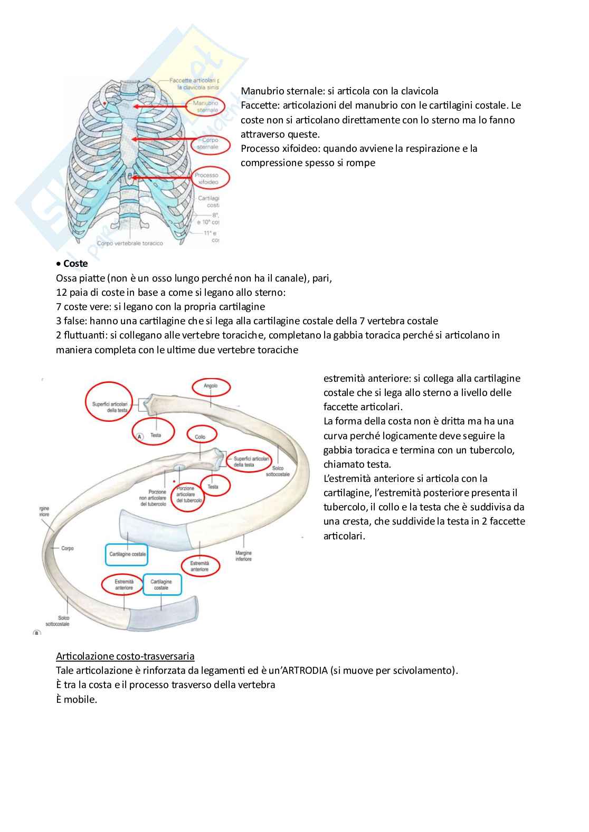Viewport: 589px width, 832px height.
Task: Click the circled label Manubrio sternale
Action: pos(207,107)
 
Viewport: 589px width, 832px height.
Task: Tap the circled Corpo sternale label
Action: pos(210,144)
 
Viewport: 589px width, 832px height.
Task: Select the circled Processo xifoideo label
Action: pos(206,178)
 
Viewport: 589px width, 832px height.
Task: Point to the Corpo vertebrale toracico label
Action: pos(130,244)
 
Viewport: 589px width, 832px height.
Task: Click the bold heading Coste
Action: pos(75,264)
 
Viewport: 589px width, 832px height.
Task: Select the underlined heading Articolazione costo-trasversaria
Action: pos(125,656)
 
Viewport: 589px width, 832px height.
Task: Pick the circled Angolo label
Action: pos(211,386)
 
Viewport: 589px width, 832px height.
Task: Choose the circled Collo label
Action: pos(200,437)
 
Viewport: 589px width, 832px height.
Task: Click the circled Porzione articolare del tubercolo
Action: pos(185,494)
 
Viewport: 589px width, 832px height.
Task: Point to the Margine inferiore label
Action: pos(243,556)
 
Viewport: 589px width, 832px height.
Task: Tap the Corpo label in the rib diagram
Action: pos(68,548)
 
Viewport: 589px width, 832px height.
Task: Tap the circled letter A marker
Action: pos(140,437)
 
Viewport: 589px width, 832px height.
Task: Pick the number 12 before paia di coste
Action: pos(61,292)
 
